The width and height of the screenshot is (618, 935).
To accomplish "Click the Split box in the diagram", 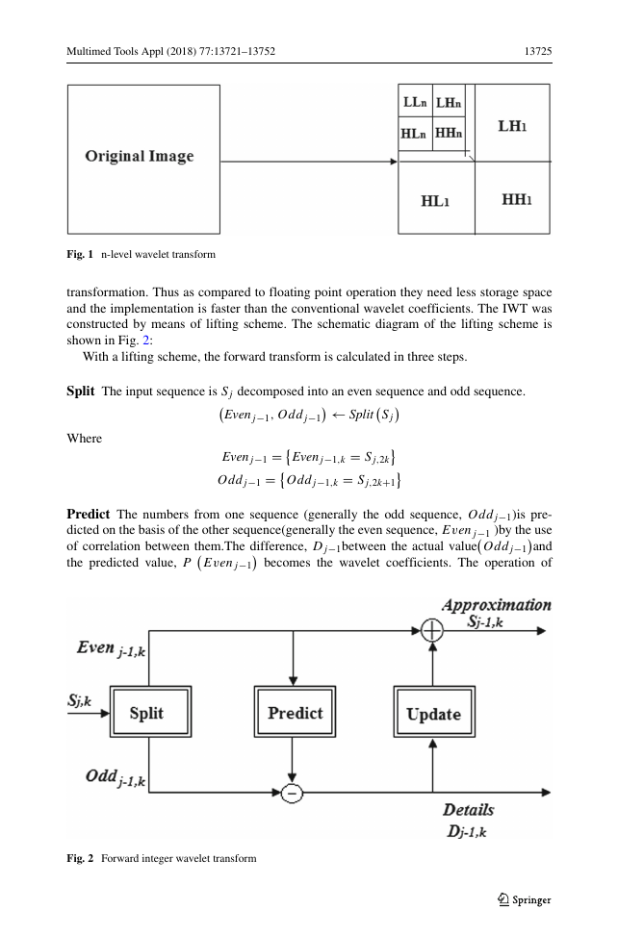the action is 150,712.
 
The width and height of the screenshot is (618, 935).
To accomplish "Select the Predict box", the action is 295,712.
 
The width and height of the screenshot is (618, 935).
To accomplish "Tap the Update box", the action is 434,712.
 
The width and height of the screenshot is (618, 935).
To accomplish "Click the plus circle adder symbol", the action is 432,630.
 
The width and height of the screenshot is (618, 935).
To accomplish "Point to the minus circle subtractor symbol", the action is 292,793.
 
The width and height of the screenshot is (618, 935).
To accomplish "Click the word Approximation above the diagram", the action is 497,605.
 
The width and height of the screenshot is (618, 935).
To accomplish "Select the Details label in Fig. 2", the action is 468,810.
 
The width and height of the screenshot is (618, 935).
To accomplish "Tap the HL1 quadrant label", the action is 435,201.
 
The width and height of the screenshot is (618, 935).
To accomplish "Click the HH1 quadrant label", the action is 516,199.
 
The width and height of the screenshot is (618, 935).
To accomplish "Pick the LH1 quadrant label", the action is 512,126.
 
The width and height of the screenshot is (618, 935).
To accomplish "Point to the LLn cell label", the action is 415,103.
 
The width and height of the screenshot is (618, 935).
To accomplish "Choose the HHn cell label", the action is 449,133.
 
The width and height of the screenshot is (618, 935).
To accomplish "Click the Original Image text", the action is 140,156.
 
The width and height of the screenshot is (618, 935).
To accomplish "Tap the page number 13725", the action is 538,51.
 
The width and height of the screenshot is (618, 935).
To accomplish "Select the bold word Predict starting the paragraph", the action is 89,514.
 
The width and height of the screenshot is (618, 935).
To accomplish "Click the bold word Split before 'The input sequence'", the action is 81,392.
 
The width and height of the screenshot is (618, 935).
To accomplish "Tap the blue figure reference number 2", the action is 145,340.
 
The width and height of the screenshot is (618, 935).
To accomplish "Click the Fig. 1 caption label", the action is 80,254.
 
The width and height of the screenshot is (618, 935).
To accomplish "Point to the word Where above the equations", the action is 84,439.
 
